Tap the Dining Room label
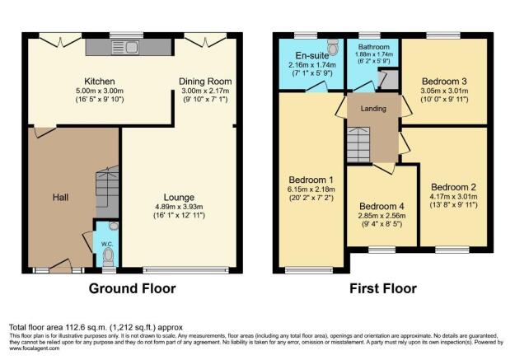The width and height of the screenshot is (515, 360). pos(205,82)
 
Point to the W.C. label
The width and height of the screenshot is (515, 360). pos(106,243)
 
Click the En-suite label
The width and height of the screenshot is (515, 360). pos(311,54)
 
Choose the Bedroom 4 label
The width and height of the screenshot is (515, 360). pos(382,205)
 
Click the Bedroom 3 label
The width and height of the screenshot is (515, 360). pos(445,82)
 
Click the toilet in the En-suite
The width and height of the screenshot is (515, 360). pos(332,44)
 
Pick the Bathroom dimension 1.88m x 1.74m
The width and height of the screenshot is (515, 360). pos(373,54)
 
